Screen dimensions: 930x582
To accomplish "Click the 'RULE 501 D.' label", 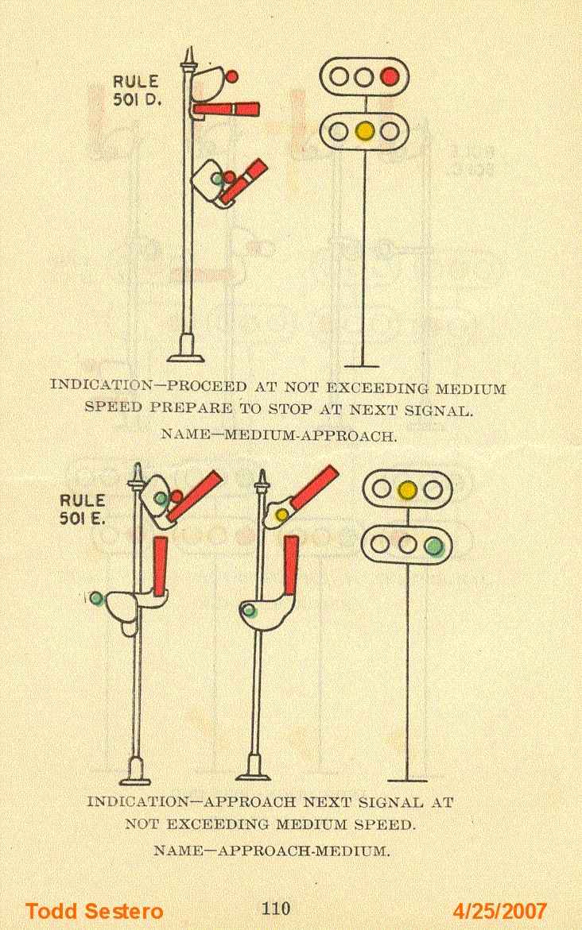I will click(x=136, y=89).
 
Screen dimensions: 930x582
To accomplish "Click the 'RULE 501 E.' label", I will click(x=83, y=510).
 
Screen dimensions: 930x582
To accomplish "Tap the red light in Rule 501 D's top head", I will click(x=389, y=76).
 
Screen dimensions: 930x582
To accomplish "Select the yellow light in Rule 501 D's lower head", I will click(x=365, y=130).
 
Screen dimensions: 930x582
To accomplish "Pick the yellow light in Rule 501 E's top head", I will click(x=408, y=490).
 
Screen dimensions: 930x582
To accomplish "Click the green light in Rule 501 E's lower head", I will click(x=433, y=546).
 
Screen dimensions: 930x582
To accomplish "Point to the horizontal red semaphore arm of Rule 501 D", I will click(x=226, y=109).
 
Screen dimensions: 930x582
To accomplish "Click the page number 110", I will click(x=276, y=908).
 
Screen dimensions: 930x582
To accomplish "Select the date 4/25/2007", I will click(x=500, y=911).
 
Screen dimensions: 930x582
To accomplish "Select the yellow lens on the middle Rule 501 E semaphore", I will click(x=281, y=515).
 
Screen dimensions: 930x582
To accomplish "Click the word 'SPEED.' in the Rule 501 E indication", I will click(x=387, y=825).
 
